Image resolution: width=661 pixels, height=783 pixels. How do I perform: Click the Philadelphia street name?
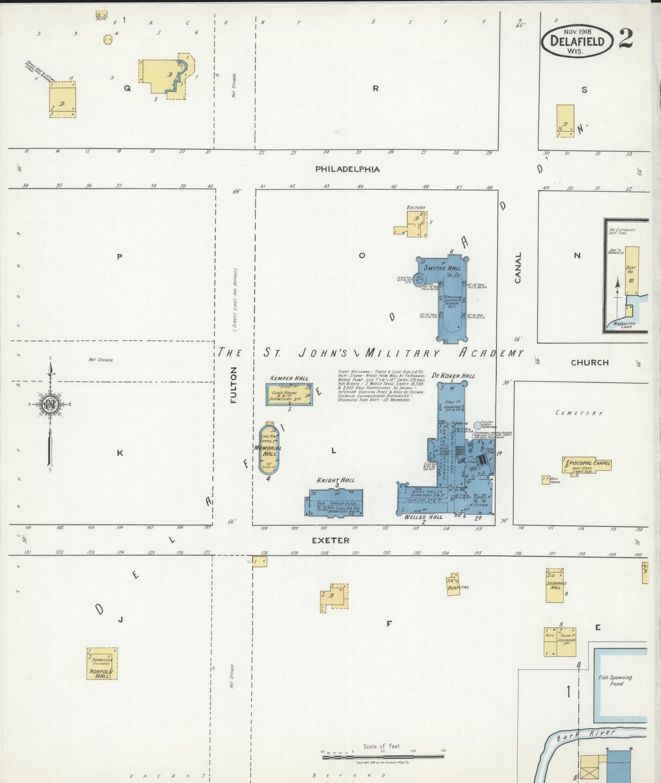[x=347, y=169]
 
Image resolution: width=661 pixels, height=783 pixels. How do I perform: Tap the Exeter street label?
[x=330, y=540]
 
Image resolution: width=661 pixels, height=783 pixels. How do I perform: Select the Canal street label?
[x=518, y=268]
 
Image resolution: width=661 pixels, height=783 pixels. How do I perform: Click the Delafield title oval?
[x=577, y=41]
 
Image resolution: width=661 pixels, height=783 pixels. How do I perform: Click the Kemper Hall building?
[x=289, y=394]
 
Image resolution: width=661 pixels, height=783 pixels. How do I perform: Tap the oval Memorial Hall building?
[x=269, y=450]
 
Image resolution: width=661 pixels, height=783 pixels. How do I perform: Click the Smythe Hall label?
[x=442, y=268]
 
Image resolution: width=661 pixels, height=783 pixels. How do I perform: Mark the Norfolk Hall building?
[x=102, y=663]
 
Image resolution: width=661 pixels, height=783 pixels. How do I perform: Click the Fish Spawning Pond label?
[x=616, y=680]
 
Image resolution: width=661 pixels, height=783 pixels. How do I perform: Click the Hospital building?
[x=453, y=584]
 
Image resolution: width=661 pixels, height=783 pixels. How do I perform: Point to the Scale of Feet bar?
[x=383, y=756]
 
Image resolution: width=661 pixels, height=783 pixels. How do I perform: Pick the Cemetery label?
[x=579, y=413]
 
